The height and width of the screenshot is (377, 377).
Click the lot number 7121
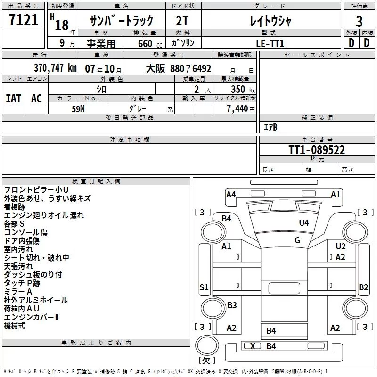pos(24,20)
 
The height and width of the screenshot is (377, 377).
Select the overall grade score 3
pos(359,21)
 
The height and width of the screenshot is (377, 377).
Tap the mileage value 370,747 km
pos(55,68)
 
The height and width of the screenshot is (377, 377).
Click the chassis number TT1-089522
pos(317,150)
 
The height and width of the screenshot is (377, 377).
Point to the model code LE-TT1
pos(270,43)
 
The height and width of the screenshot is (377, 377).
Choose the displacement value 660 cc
pos(150,44)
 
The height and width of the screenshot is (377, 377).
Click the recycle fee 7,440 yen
pos(241,109)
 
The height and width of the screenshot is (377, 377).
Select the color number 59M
pos(78,109)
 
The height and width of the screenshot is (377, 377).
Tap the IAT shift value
pos(14,98)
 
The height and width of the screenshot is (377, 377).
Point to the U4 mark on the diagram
pos(304,222)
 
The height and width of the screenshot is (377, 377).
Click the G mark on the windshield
pos(297,240)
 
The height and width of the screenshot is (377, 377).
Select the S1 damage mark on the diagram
pos(204,287)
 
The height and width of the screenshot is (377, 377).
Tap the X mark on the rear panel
pos(253,346)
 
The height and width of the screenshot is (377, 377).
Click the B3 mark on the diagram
pos(232,305)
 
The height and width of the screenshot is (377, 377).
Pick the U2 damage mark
pos(340,246)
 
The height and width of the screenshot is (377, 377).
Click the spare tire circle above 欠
pos(207,344)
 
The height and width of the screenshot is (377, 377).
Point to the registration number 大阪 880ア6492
pos(179,69)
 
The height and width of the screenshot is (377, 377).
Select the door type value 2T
pos(182,21)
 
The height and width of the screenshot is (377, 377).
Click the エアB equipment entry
pos(270,127)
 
